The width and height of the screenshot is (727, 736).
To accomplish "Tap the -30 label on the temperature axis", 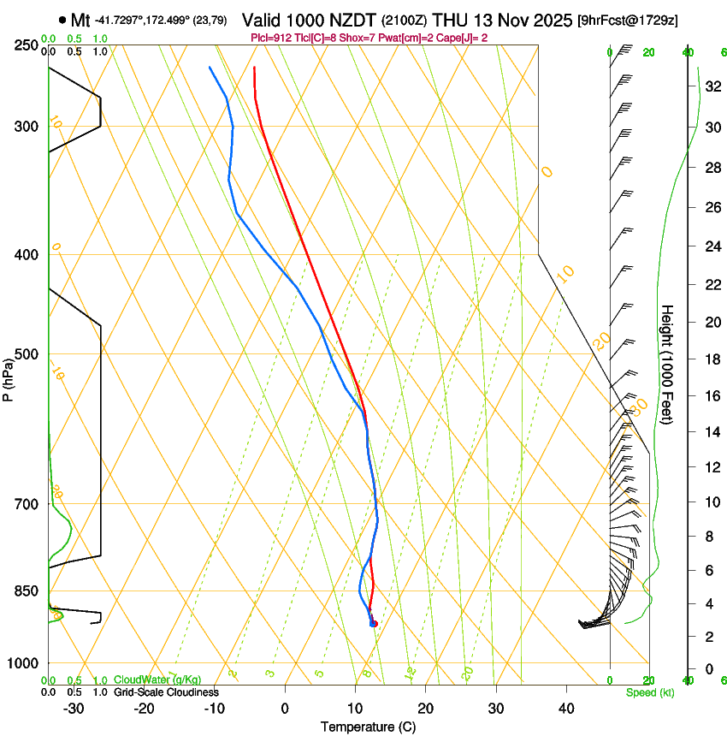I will point(74,708).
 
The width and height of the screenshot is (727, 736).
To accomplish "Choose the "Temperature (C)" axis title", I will point(368,727).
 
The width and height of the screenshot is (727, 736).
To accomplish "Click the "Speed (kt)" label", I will point(649,692).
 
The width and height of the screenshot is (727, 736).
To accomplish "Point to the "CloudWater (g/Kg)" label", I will point(157,680).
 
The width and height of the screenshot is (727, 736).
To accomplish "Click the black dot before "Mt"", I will point(62,20).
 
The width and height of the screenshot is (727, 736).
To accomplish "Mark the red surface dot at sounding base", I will point(373,623).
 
